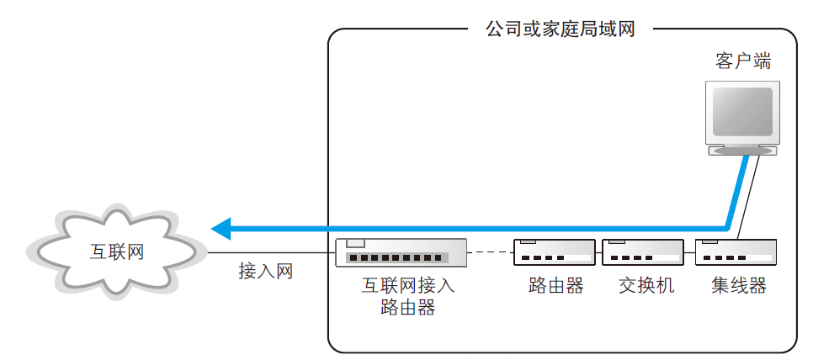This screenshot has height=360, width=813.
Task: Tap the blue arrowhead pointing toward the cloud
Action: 221,227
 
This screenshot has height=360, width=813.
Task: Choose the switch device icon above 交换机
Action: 641,251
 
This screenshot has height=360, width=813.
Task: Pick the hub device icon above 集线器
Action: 735,251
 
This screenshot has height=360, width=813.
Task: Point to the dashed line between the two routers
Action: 491,251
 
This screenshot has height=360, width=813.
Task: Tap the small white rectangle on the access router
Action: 356,244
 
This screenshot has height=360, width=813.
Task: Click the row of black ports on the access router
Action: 395,257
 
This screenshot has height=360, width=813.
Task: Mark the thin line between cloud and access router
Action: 269,252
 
